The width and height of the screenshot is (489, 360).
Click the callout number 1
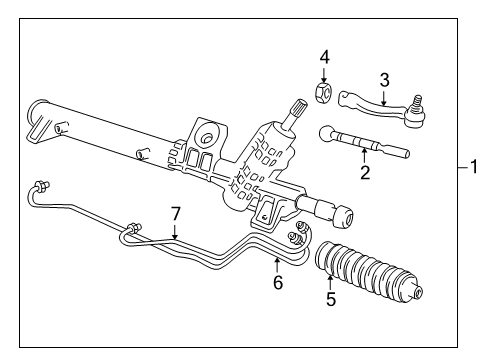(x=475, y=168)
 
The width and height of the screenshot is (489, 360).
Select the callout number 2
(x=365, y=174)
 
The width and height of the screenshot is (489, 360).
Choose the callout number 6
(x=278, y=283)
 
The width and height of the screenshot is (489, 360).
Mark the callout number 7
(x=175, y=214)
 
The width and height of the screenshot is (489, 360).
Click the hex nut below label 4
(x=323, y=94)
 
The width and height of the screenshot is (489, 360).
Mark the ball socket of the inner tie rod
(x=327, y=130)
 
